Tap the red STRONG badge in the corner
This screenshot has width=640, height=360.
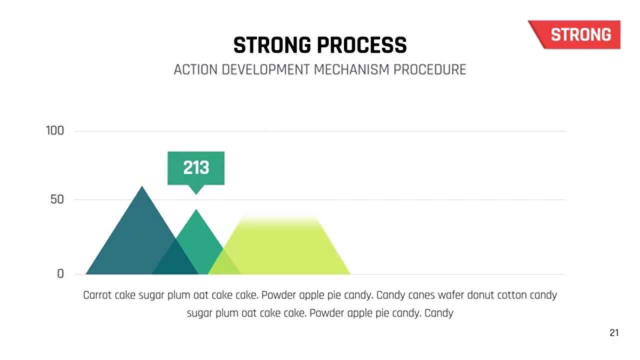(580, 34)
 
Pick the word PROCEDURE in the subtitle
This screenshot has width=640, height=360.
(429, 69)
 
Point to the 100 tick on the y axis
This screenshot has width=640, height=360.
(55, 131)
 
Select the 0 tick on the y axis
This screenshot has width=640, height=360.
(60, 274)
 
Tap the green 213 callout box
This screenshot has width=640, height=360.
(196, 168)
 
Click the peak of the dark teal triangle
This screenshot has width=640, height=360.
(142, 188)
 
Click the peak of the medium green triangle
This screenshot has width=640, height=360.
(196, 211)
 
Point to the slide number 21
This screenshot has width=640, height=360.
(614, 333)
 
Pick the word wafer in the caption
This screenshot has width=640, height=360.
(450, 295)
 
